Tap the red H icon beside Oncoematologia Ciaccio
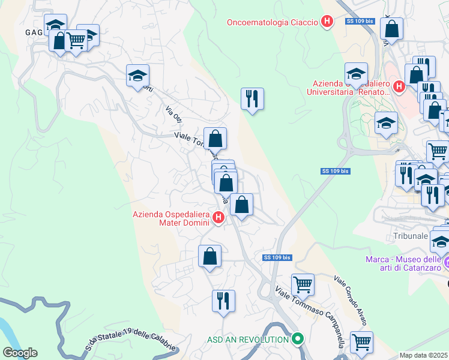click(x=327, y=23)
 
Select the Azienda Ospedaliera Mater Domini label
click(x=172, y=218)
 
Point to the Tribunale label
click(x=411, y=236)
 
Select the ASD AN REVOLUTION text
click(x=248, y=340)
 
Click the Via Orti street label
click(x=173, y=115)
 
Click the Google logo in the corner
click(x=20, y=353)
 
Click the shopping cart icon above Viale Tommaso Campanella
click(x=303, y=284)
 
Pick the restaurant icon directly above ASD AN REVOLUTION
click(x=224, y=301)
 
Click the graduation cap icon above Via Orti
click(x=138, y=76)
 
